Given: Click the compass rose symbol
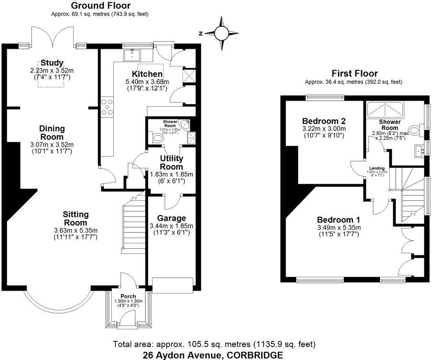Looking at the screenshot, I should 221,33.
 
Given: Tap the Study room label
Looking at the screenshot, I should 52,63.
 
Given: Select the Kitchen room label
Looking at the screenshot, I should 147,74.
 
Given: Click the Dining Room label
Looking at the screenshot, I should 52,132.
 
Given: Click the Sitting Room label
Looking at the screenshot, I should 76,219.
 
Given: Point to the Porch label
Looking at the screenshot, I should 128,296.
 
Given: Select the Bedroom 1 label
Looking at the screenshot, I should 338,219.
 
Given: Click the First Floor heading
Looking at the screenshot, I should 355,73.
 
